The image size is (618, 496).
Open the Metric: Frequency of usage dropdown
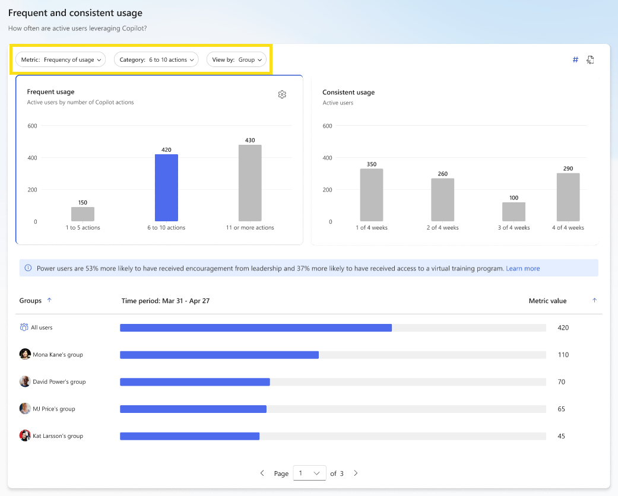(x=60, y=59)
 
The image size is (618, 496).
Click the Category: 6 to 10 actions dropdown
(x=157, y=59)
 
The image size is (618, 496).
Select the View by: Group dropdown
(x=236, y=59)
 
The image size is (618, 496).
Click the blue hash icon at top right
(x=575, y=59)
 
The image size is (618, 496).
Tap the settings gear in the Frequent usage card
(x=282, y=94)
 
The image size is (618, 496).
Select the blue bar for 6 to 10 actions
(x=166, y=187)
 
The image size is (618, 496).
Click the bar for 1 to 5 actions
(x=83, y=214)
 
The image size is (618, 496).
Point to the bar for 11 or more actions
(x=250, y=183)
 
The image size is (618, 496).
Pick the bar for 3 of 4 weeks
(x=514, y=212)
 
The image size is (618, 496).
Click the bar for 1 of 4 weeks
(x=371, y=195)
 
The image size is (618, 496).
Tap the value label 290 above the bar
(x=568, y=168)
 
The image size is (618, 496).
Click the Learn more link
(x=522, y=268)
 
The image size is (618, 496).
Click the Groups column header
(x=30, y=301)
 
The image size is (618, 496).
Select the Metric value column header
(x=547, y=301)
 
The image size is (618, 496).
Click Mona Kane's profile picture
(x=25, y=354)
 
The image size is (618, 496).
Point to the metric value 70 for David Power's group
(x=561, y=381)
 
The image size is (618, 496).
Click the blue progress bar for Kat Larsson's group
(x=189, y=436)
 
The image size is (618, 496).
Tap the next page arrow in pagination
(x=356, y=473)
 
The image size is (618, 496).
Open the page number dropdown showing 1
(x=309, y=473)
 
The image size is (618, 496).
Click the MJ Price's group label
(x=53, y=409)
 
